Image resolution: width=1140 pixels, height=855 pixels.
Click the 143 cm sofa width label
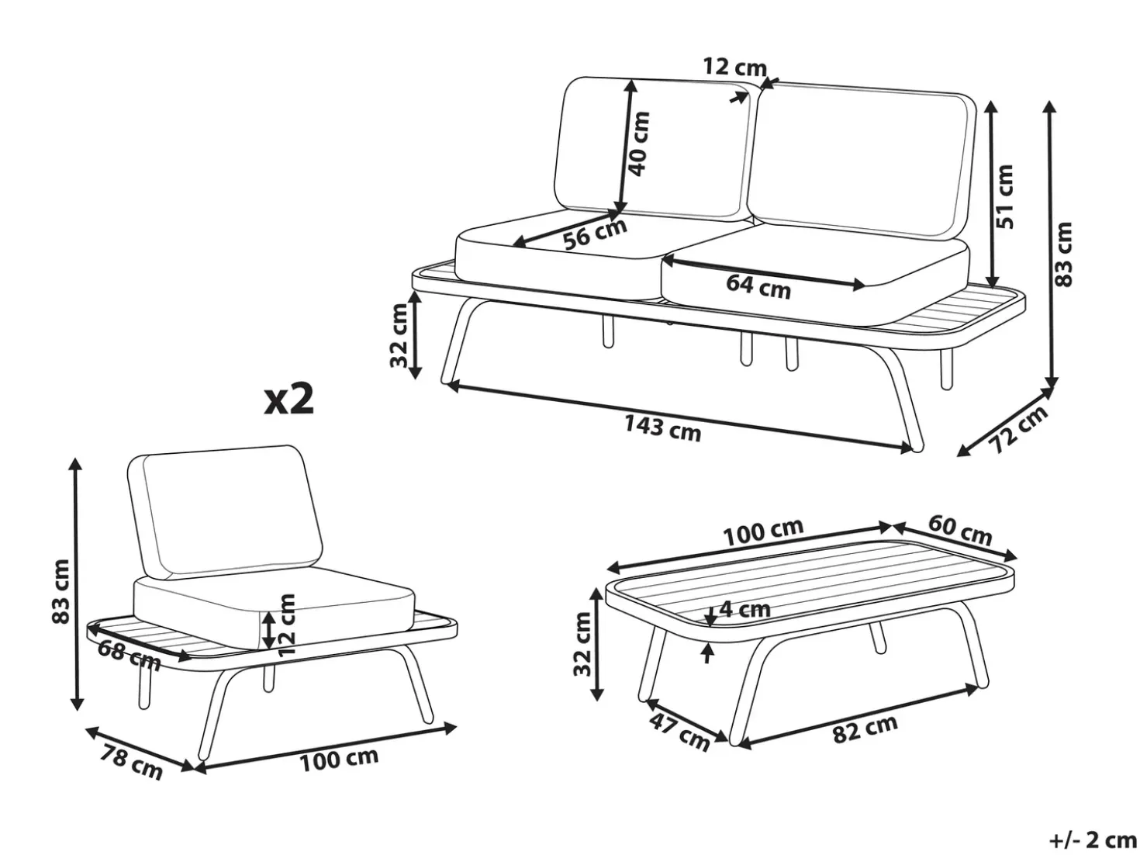[662, 428]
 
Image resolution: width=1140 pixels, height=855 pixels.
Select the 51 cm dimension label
[1005, 196]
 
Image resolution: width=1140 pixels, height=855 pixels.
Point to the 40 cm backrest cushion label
[639, 144]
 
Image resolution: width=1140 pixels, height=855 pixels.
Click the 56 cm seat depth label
[595, 234]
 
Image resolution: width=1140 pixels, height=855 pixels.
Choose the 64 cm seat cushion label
[758, 286]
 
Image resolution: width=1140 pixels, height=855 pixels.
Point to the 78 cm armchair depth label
[131, 761]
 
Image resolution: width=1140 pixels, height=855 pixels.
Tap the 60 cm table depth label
[960, 529]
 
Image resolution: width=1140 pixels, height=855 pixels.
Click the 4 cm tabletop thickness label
[744, 609]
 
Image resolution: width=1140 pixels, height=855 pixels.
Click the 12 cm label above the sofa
[734, 67]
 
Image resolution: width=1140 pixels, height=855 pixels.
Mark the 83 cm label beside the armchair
[61, 592]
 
